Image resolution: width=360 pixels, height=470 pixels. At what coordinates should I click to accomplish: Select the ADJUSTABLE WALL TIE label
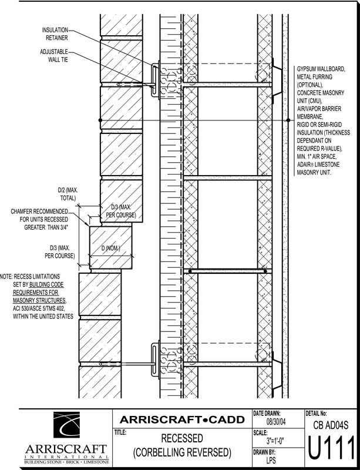[55, 56]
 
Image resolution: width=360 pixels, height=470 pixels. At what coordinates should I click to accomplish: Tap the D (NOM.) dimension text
[110, 250]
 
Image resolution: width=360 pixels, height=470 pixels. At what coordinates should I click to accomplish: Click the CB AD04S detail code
[330, 424]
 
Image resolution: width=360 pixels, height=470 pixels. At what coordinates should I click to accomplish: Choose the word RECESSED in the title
[181, 439]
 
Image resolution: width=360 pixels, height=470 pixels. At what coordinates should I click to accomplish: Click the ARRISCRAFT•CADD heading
[181, 419]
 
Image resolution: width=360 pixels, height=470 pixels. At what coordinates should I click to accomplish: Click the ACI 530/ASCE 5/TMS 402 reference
[46, 308]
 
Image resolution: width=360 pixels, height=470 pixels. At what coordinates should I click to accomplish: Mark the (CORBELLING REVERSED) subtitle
[181, 453]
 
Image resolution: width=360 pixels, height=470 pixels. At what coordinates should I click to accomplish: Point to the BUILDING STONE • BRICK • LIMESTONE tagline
[65, 462]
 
